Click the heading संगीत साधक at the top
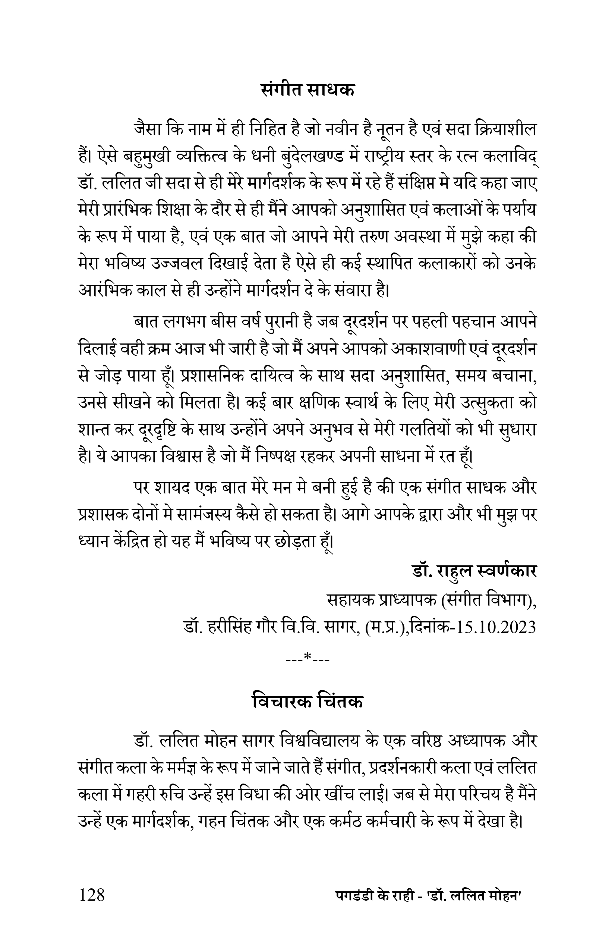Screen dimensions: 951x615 [x=307, y=89]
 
